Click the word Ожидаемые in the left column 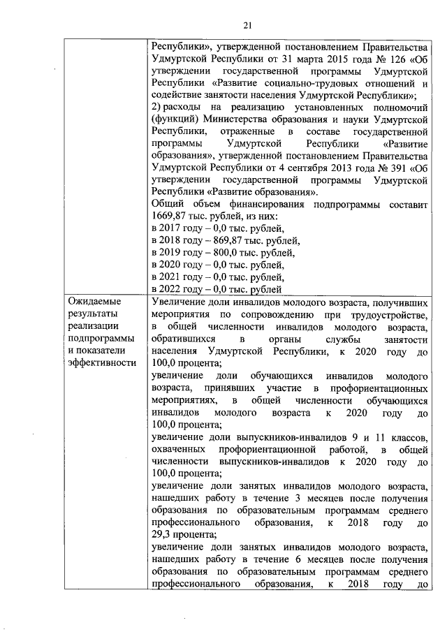point(94,302)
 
